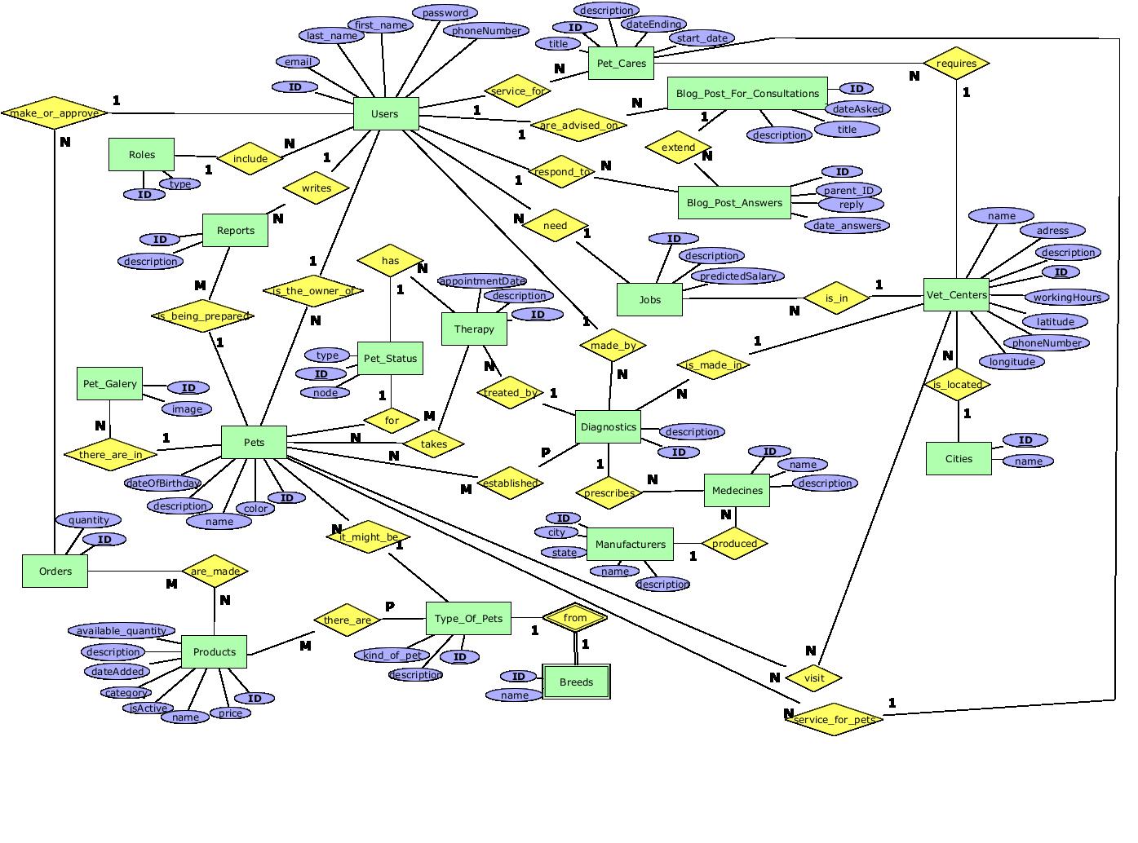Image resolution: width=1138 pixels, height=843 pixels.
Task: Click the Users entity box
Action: point(386,113)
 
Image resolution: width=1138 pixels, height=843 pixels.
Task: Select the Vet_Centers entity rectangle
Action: point(957,294)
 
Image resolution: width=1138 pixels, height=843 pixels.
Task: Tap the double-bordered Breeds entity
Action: point(576,682)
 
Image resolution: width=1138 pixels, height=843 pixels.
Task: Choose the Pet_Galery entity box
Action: point(110,383)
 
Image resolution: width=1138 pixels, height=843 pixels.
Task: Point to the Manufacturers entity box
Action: point(630,544)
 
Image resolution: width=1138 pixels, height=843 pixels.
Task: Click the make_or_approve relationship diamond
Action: point(55,113)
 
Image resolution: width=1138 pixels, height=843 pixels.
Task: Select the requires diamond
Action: point(956,64)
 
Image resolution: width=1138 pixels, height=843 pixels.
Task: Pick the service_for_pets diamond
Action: point(834,719)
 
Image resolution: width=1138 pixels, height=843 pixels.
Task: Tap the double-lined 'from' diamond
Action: point(575,618)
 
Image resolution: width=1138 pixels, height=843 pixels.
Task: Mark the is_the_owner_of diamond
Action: point(313,290)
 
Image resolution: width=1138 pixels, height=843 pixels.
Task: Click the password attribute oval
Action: point(445,13)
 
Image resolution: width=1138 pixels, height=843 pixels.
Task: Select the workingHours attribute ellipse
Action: point(1066,297)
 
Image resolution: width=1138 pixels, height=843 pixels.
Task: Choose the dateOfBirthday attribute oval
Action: point(163,483)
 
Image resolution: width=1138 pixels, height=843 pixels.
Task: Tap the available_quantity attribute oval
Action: point(122,630)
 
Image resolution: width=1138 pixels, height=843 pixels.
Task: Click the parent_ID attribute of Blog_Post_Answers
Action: point(848,190)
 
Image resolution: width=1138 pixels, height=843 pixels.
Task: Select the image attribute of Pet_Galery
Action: point(187,408)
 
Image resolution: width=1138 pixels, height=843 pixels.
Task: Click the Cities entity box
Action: point(959,458)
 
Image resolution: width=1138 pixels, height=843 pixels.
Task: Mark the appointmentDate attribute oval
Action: point(482,281)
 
